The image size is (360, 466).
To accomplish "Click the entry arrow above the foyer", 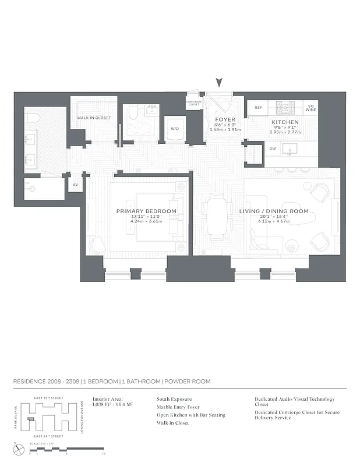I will [219, 83].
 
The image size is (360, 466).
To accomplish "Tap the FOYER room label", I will [225, 119].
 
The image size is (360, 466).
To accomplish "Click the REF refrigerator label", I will [258, 108].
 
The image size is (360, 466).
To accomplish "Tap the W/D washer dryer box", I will [174, 129].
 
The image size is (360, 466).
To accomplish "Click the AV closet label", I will [75, 185].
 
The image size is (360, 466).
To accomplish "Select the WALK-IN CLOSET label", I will [94, 118].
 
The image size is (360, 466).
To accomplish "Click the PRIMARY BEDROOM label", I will [146, 211].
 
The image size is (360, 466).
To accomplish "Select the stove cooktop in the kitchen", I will [286, 107].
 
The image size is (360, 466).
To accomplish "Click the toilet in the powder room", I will [132, 112].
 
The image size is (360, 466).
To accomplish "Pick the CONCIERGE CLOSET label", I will [194, 104].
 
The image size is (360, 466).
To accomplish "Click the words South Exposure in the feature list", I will [174, 400].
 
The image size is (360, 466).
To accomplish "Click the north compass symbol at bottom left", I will [19, 449].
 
